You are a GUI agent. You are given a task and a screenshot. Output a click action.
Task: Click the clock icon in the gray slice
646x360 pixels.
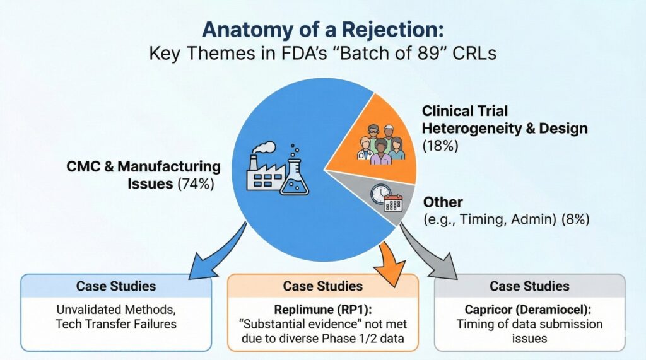click(x=380, y=194)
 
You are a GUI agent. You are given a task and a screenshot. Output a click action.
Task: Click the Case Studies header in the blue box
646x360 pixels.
click(x=116, y=286)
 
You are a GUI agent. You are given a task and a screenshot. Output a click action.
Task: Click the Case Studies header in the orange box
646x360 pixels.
click(x=322, y=286)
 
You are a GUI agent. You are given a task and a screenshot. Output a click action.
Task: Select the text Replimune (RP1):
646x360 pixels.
click(x=322, y=310)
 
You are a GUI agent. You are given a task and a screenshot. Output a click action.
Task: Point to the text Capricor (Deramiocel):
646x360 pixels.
click(x=529, y=310)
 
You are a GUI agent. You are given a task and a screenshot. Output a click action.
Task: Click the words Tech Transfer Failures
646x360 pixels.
click(x=116, y=324)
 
